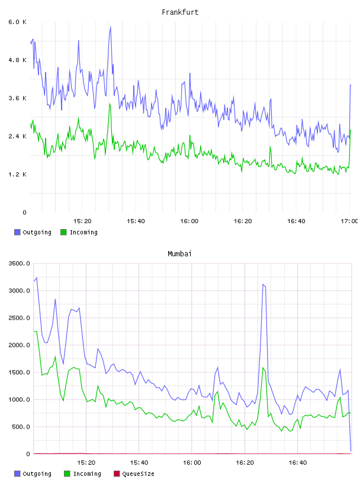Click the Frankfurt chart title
click(180, 12)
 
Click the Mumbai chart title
click(179, 254)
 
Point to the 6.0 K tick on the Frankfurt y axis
click(17, 22)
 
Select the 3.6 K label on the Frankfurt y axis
click(17, 98)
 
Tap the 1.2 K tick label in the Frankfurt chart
click(17, 175)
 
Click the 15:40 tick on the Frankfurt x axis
click(136, 221)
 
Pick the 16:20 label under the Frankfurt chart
click(243, 221)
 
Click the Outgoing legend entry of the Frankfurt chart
click(33, 232)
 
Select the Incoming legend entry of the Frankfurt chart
click(79, 232)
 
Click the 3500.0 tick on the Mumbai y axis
click(19, 263)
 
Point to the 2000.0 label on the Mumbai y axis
click(19, 345)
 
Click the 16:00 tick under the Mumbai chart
click(192, 462)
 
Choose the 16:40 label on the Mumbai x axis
click(298, 462)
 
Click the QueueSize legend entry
click(134, 474)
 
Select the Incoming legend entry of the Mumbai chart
click(83, 474)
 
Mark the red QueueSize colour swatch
click(117, 474)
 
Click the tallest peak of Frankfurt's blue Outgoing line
click(110, 27)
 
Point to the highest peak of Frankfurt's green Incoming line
click(110, 104)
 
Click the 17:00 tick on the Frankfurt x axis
click(349, 221)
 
